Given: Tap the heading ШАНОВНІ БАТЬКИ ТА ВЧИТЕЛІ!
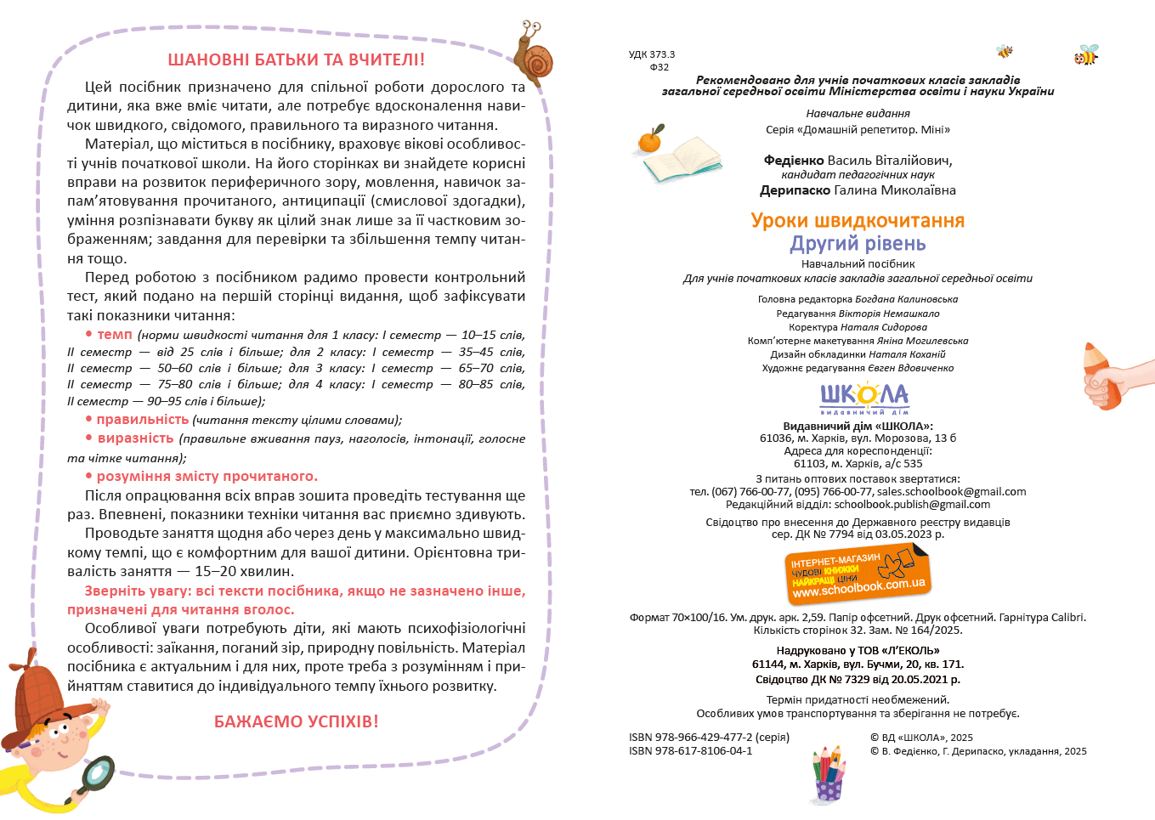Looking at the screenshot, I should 296,60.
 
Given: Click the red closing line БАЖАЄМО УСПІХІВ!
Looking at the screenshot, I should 296,721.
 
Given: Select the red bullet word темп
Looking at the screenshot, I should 115,335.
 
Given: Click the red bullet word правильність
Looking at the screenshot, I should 142,420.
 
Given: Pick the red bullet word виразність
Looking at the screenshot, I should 135,438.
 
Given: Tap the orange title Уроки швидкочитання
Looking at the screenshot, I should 858,221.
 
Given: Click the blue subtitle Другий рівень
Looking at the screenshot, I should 858,244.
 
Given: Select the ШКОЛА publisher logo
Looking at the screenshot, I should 863,397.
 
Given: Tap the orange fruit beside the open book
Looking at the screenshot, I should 651,139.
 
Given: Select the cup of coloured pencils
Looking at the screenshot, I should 829,773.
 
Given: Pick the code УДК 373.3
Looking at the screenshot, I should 652,54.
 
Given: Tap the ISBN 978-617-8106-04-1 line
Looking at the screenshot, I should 690,751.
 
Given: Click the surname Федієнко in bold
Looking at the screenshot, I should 794,161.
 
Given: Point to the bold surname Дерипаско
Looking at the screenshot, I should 795,190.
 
